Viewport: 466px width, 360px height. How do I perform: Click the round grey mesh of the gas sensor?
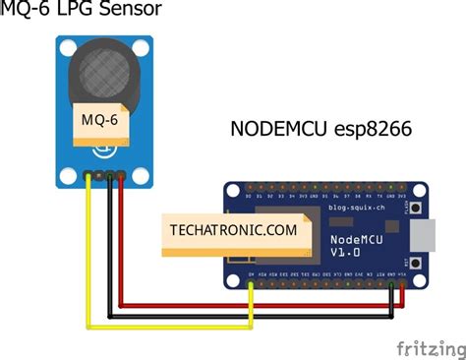pos(102,75)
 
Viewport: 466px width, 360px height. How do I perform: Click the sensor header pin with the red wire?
pos(121,176)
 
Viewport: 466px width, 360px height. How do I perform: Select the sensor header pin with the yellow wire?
pos(89,176)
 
